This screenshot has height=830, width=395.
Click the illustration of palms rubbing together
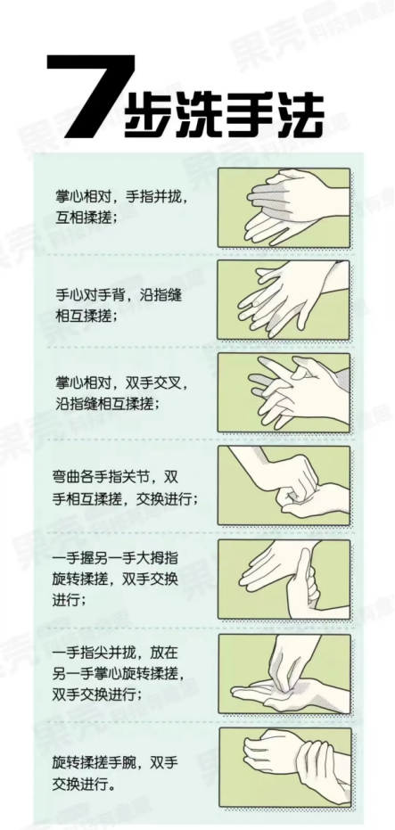pyautogui.click(x=284, y=208)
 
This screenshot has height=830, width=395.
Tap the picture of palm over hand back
pyautogui.click(x=284, y=300)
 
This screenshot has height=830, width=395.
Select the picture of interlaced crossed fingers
pyautogui.click(x=284, y=392)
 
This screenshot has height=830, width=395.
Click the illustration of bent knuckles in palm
pyautogui.click(x=284, y=485)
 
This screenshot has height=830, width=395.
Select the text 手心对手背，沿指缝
pyautogui.click(x=119, y=295)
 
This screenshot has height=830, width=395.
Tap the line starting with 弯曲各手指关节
pyautogui.click(x=115, y=477)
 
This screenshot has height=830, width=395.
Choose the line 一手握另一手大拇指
pyautogui.click(x=115, y=559)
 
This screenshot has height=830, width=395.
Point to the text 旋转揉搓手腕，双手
pyautogui.click(x=115, y=762)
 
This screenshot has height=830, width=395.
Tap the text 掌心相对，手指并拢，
pyautogui.click(x=122, y=196)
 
